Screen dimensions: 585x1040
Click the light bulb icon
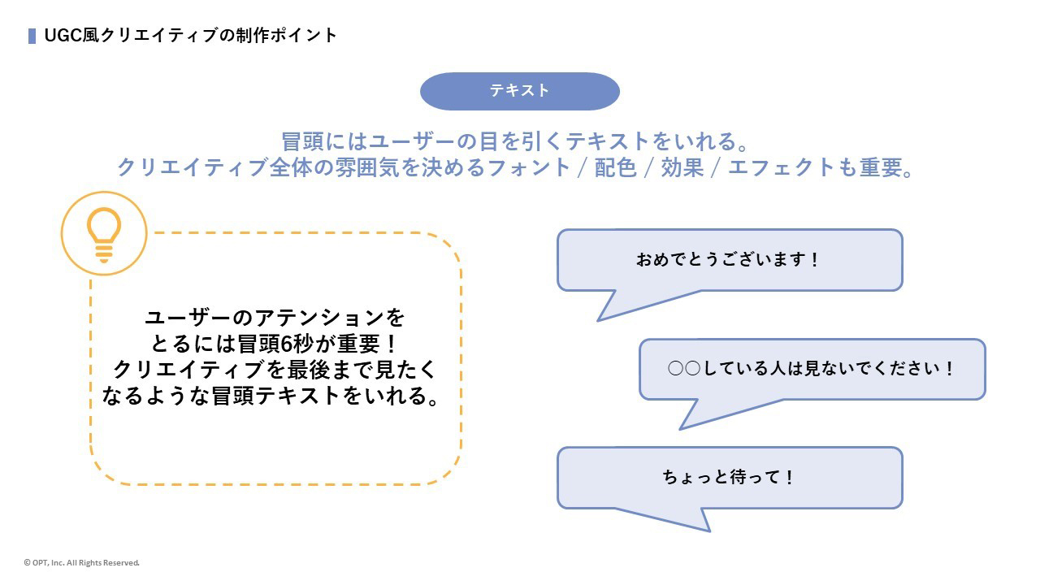[x=104, y=234]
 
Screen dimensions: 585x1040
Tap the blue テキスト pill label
[x=520, y=91]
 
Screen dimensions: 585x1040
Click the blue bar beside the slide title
[x=32, y=36]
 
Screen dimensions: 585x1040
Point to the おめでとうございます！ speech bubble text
[x=729, y=260]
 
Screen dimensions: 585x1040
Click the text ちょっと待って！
[x=729, y=477]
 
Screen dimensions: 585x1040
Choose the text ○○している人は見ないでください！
[x=812, y=369]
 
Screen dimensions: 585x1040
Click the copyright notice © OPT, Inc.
[x=82, y=562]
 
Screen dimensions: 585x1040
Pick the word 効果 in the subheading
[x=682, y=167]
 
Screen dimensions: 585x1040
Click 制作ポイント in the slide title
[x=285, y=36]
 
